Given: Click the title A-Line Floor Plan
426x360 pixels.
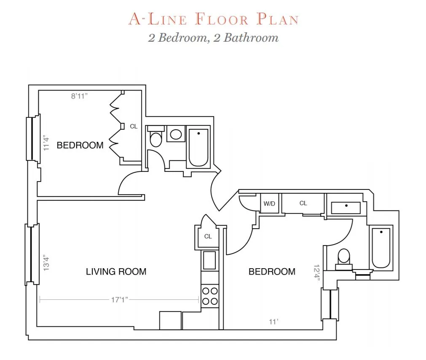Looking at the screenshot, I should pos(213,19).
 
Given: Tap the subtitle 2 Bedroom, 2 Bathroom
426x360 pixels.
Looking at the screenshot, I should pos(213,37).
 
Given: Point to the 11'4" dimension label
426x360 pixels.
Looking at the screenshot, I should pos(47,143).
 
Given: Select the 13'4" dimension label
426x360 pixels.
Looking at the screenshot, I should pos(47,261).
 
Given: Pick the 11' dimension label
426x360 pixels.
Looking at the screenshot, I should pos(273,322).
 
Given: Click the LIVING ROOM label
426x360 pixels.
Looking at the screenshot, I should pos(116,272).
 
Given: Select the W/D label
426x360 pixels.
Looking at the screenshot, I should pos(269,204).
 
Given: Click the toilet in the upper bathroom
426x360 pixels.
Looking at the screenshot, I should pos(156,137).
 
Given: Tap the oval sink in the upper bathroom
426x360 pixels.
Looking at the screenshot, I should pos(175,134).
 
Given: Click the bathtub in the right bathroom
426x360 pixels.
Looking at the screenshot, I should pos(381,247).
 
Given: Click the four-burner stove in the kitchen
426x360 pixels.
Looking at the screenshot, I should pos(209,296).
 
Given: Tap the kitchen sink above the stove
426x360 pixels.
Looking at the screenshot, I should pos(209,260).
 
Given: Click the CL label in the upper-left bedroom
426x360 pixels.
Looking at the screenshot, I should pos(134,126).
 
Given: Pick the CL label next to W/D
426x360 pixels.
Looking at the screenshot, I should pos(303,203).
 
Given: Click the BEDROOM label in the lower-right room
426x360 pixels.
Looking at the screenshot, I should pos(272,272).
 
